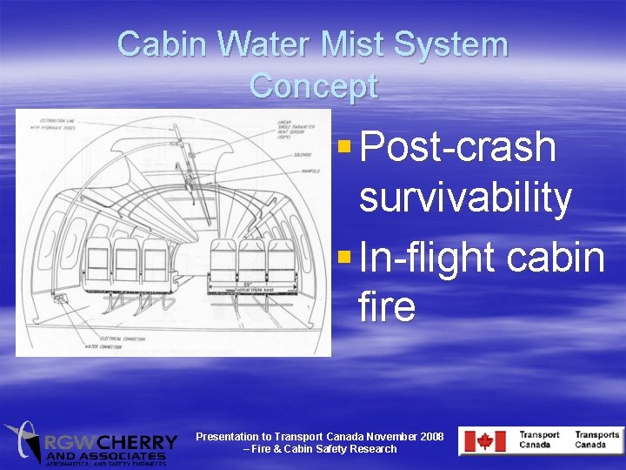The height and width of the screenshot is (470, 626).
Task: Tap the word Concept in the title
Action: pyautogui.click(x=313, y=86)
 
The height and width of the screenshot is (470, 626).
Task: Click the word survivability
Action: pyautogui.click(x=465, y=198)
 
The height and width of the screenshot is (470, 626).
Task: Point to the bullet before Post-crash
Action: pyautogui.click(x=344, y=144)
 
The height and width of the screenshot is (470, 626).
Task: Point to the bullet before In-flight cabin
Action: pyautogui.click(x=344, y=256)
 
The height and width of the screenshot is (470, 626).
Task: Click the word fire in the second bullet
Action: pyautogui.click(x=386, y=308)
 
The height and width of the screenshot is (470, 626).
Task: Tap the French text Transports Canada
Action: pyautogui.click(x=596, y=440)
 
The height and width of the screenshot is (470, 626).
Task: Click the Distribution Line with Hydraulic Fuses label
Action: pyautogui.click(x=52, y=123)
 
